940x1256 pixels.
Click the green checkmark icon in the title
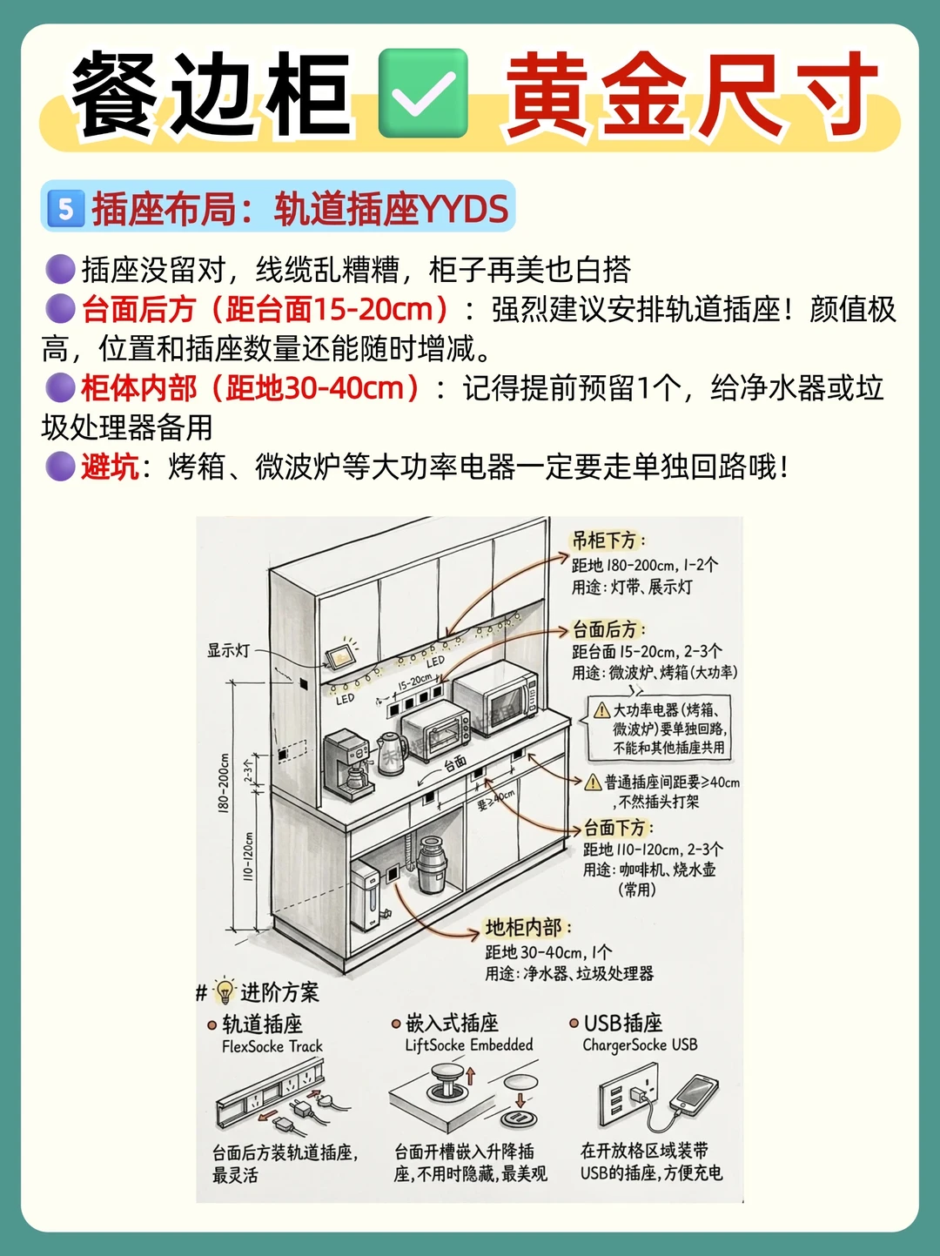tap(423, 93)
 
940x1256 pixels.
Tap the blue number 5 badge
tap(66, 209)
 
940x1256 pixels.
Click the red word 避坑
tap(110, 467)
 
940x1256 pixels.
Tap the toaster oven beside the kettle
tap(434, 730)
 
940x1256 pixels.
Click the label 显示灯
tap(228, 650)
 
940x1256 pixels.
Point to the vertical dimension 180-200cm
tap(224, 782)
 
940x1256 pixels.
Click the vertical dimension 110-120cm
tap(248, 856)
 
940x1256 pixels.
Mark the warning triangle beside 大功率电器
tap(601, 710)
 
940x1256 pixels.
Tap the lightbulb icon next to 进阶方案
tap(225, 991)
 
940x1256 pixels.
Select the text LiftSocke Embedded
tap(468, 1045)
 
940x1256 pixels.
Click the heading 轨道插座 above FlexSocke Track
tap(262, 1024)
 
